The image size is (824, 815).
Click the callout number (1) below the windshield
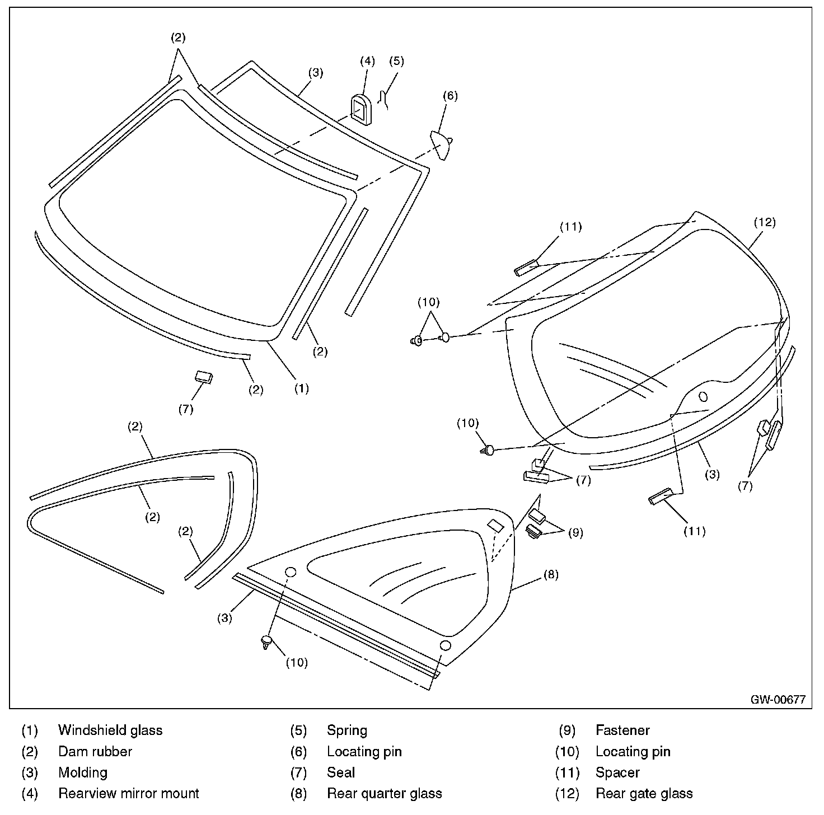301,388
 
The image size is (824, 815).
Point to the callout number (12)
765,222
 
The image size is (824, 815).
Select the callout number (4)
367,60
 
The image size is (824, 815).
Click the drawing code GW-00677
778,699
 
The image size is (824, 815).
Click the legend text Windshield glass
110,730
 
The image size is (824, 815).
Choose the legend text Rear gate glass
644,794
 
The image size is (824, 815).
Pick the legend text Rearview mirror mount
129,794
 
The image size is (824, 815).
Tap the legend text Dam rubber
95,752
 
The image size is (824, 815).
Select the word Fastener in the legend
622,730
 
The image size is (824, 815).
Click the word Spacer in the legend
617,773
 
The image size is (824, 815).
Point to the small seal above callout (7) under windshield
204,376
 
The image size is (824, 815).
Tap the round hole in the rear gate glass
703,397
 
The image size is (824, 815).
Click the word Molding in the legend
83,773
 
